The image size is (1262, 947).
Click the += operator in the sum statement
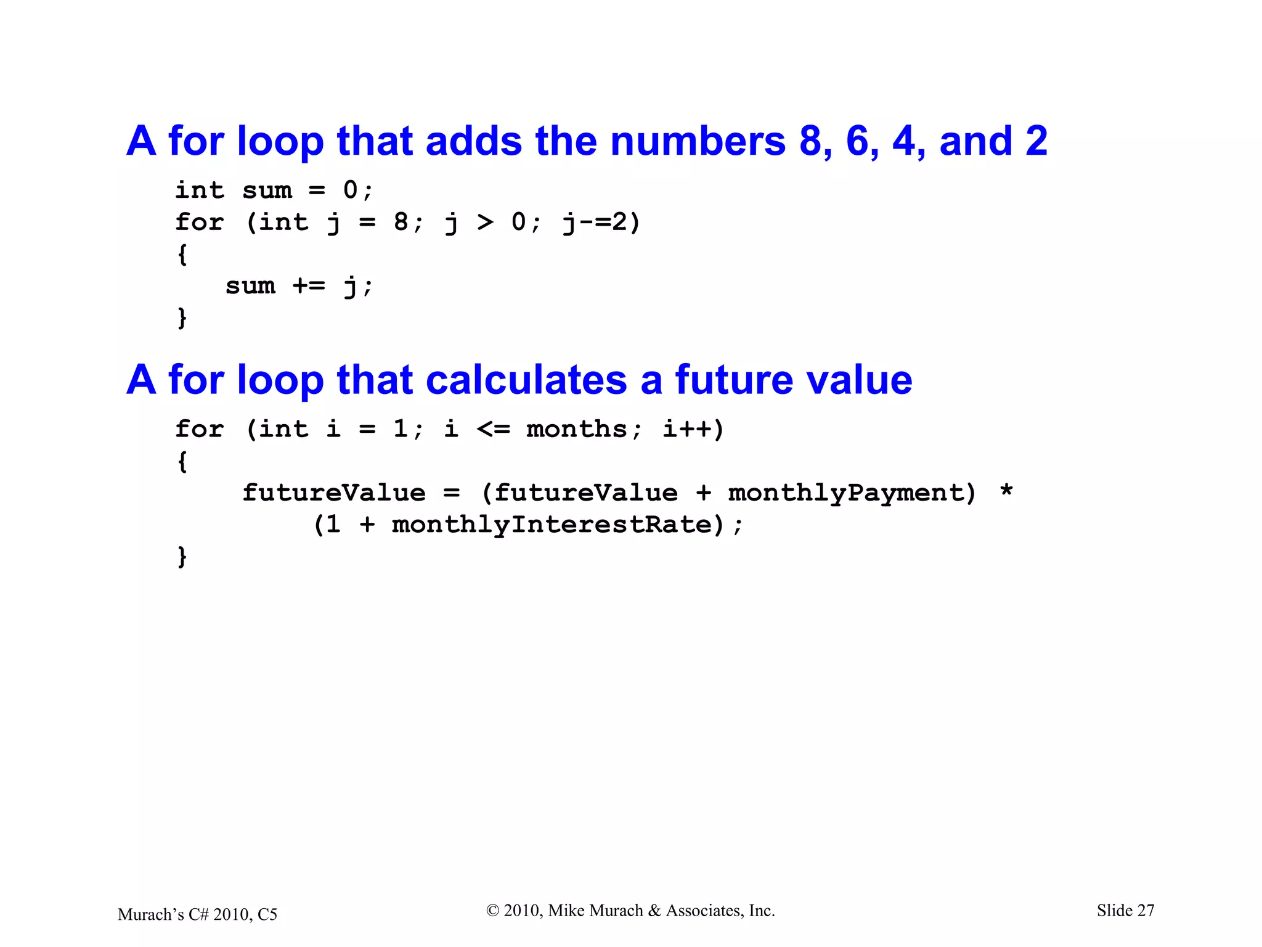pyautogui.click(x=309, y=286)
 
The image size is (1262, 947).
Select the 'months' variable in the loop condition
pyautogui.click(x=577, y=429)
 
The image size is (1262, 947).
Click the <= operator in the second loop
pyautogui.click(x=493, y=429)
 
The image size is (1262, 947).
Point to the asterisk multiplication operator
pyautogui.click(x=1006, y=492)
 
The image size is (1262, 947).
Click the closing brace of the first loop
pyautogui.click(x=182, y=318)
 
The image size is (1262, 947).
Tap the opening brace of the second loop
pyautogui.click(x=182, y=461)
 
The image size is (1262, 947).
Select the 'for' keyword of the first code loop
pyautogui.click(x=199, y=223)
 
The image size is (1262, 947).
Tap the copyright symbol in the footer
pyautogui.click(x=492, y=911)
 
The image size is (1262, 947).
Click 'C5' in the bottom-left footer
pyautogui.click(x=267, y=914)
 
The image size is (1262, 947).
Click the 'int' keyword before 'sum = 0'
pyautogui.click(x=199, y=191)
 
